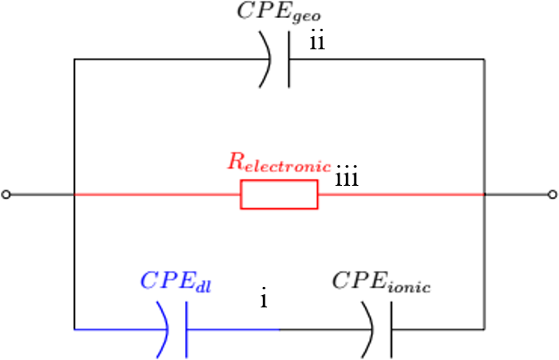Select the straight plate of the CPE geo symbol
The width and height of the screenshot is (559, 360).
click(289, 59)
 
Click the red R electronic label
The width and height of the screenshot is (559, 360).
click(279, 161)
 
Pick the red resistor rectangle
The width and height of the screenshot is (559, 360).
click(279, 195)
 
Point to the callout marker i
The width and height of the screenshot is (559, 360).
click(263, 299)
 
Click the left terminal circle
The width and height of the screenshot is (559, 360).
click(7, 195)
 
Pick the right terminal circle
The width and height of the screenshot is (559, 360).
click(552, 195)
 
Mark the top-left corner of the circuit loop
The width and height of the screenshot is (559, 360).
click(75, 59)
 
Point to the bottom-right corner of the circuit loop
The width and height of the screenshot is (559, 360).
click(484, 330)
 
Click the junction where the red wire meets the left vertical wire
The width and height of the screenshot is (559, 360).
click(75, 195)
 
